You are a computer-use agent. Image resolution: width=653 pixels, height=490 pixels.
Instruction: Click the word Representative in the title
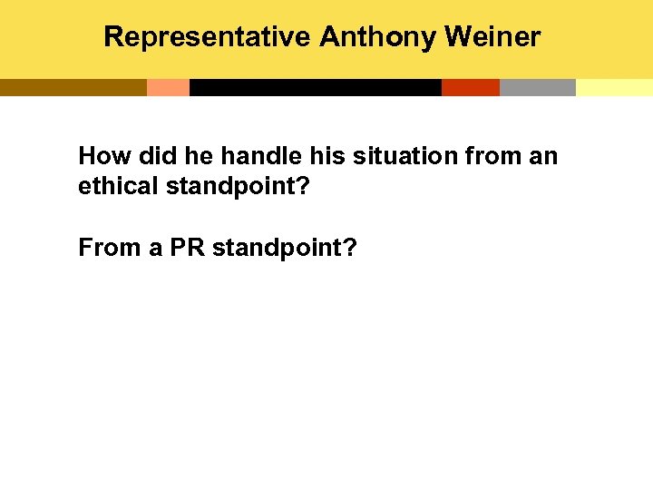[x=208, y=37]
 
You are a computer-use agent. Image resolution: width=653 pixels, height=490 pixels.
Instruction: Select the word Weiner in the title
[x=492, y=37]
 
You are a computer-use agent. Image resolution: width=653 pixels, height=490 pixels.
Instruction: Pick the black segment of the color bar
[x=315, y=87]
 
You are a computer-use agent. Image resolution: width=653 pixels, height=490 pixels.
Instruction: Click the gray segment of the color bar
[x=537, y=87]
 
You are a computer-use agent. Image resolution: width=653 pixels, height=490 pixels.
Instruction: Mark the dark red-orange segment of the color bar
[x=470, y=87]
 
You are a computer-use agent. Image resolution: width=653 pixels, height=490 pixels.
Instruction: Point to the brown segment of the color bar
[x=73, y=87]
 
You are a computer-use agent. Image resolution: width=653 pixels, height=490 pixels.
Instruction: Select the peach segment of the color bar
[x=168, y=87]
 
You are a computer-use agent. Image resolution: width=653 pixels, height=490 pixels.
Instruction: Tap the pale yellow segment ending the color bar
[x=614, y=87]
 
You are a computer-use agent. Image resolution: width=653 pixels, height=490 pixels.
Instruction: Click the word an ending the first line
[x=543, y=156]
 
